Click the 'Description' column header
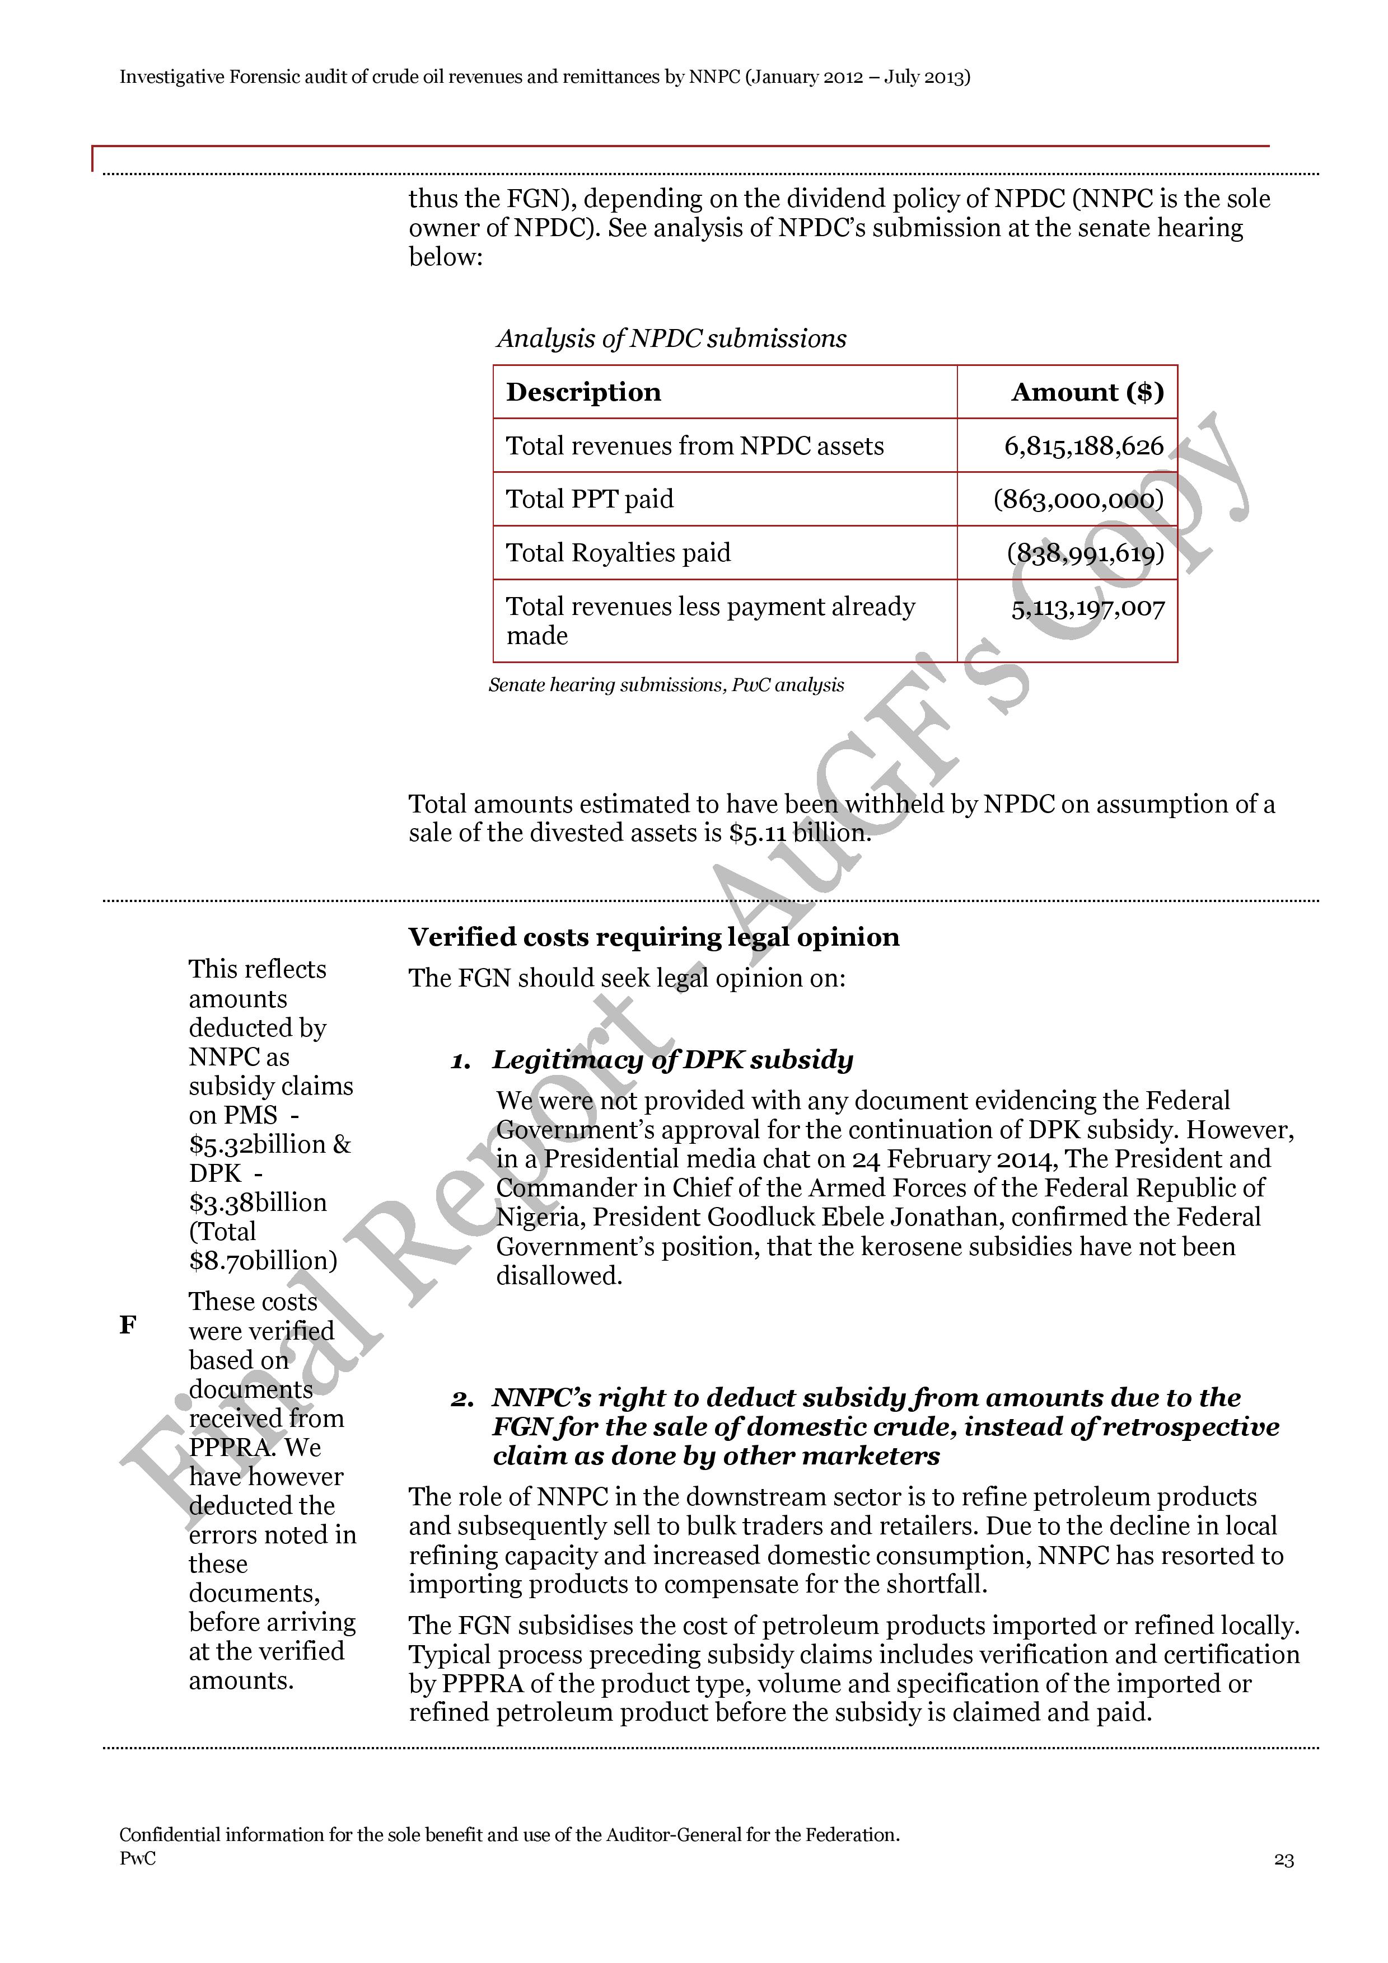click(x=583, y=392)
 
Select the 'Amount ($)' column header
click(x=1087, y=392)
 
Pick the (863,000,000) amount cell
click(x=1078, y=499)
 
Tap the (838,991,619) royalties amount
click(x=1085, y=553)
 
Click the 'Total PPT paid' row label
click(x=589, y=499)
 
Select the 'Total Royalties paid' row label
click(x=618, y=553)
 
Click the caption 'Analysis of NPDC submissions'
click(x=671, y=339)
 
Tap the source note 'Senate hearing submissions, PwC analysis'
click(x=666, y=685)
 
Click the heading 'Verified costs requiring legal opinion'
click(x=653, y=937)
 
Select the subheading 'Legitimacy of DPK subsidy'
click(x=672, y=1060)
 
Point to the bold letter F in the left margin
click(x=128, y=1325)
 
